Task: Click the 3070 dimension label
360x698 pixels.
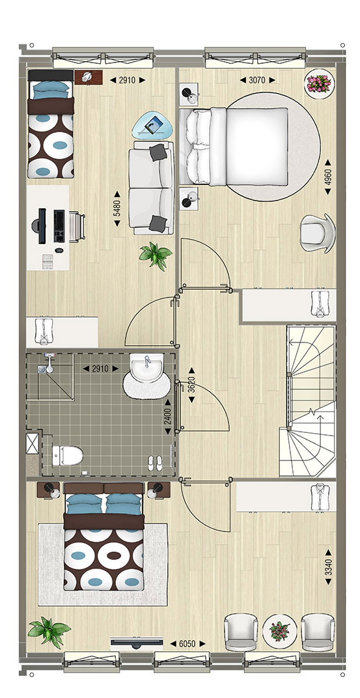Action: coord(257,80)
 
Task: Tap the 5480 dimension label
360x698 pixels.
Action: coord(117,209)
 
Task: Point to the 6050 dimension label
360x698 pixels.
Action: coord(187,644)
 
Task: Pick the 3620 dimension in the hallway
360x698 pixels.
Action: coord(192,384)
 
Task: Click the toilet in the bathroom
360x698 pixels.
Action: coord(68,455)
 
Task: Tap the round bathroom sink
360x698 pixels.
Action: coord(148,368)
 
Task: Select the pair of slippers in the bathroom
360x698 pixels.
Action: coord(155,463)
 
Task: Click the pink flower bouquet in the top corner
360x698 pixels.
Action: coord(320,84)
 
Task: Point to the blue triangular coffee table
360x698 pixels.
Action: coord(151,125)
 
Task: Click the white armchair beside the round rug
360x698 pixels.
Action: coord(317,233)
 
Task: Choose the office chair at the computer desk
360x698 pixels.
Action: coord(76,227)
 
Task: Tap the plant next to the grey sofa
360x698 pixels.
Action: coord(156,255)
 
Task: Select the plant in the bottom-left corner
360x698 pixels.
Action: coord(49,632)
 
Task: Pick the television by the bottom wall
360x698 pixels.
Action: coord(137,641)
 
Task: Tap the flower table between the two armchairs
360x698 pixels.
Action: coord(279,631)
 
